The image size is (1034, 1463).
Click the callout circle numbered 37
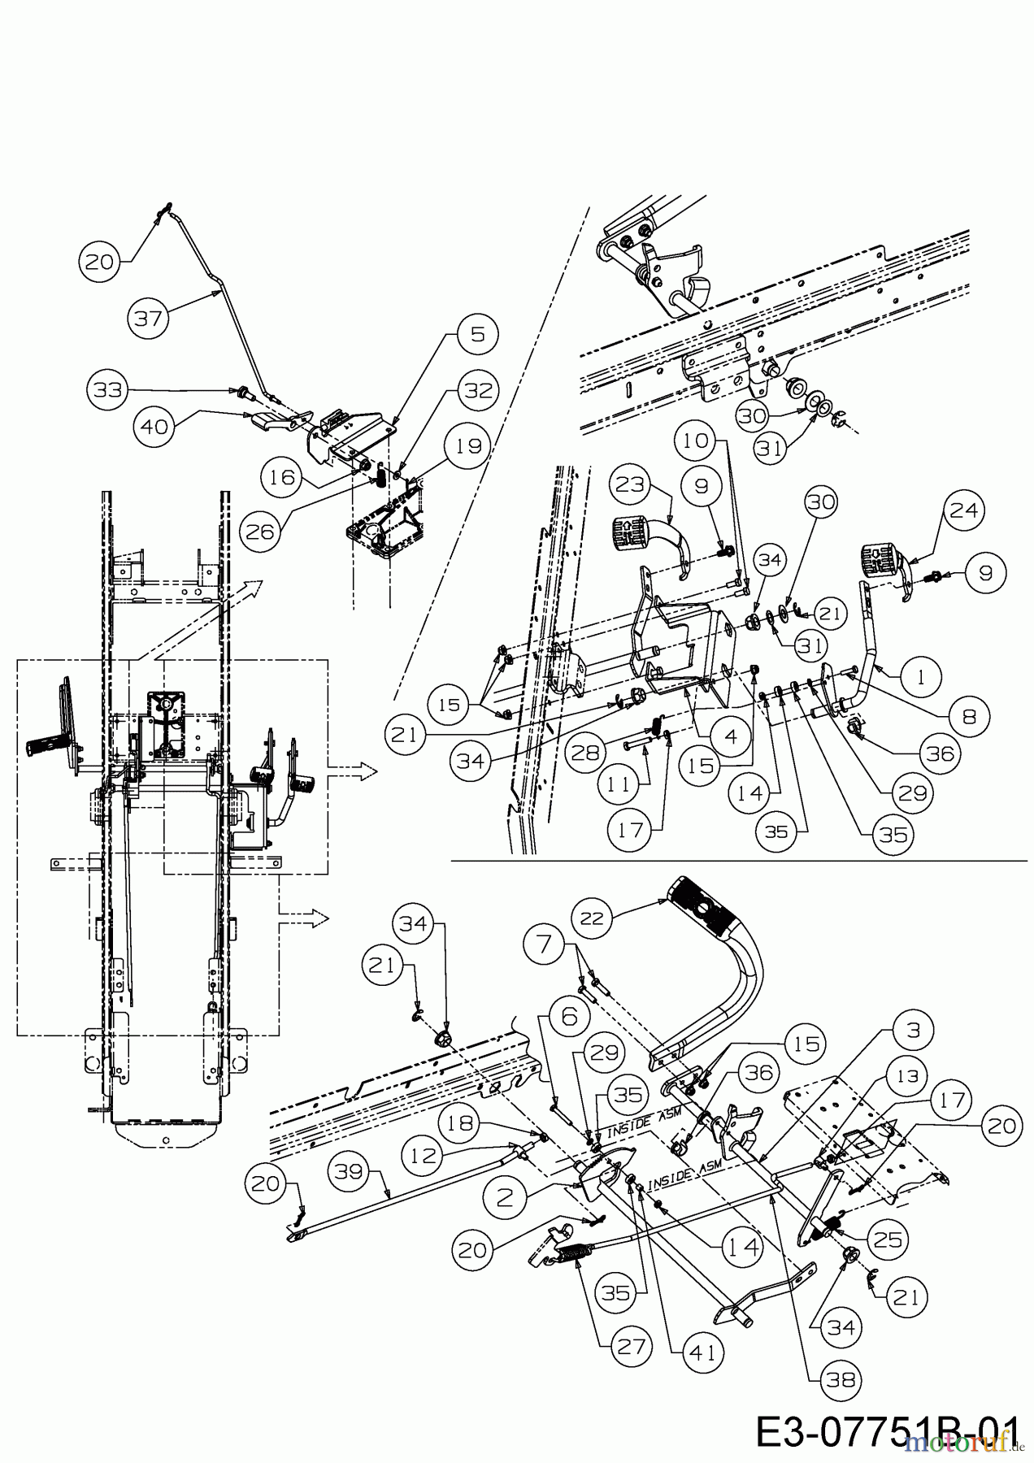149,318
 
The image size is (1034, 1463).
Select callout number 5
477,334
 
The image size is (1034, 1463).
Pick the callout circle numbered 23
631,485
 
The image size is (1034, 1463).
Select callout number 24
964,510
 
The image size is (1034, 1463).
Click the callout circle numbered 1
920,677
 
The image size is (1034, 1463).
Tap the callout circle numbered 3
912,1031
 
